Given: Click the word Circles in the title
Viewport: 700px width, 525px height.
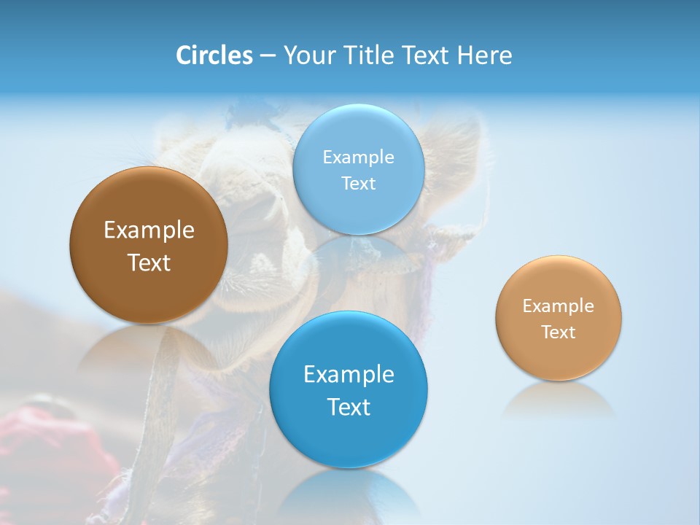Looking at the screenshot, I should pos(214,55).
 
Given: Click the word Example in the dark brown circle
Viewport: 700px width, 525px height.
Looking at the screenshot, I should pos(149,230).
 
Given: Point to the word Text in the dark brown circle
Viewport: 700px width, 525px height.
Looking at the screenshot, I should pos(149,262).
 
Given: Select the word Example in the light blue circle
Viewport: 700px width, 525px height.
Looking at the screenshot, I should pos(359,157).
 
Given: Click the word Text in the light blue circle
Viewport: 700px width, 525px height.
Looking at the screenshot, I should pos(359,184).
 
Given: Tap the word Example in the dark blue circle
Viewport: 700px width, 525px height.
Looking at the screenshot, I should pos(349,375).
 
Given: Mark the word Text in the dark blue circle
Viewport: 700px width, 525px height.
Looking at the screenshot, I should pos(349,407).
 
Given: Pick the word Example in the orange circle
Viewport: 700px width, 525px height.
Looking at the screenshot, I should pos(559,306).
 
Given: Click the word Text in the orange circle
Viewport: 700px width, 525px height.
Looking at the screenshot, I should pos(559,332).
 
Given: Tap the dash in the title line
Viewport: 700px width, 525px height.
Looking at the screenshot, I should pos(268,56).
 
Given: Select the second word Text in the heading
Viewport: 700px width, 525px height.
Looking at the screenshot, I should pos(427,55).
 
